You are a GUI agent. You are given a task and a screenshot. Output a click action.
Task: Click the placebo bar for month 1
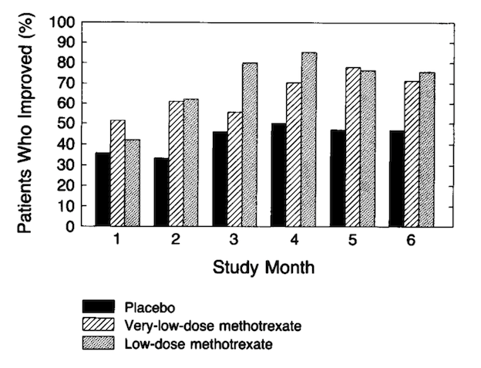(x=103, y=190)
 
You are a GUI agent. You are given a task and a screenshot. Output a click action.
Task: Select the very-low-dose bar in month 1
(x=117, y=174)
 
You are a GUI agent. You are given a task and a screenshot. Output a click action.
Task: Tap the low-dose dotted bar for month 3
(x=250, y=145)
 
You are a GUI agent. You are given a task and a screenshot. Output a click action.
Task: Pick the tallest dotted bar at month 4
(x=309, y=140)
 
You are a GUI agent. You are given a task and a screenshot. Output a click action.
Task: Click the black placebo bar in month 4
(x=278, y=175)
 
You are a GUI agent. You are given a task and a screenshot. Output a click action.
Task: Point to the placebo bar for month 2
(x=161, y=192)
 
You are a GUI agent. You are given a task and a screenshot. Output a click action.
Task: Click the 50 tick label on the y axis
(x=65, y=123)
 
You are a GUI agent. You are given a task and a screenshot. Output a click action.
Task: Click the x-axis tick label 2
(x=176, y=240)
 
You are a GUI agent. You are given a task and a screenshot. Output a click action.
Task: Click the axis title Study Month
(x=264, y=268)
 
